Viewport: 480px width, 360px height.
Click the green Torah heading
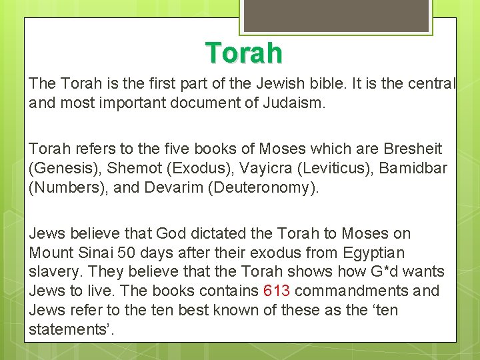tap(243, 53)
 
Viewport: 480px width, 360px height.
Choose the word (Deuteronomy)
tap(264, 188)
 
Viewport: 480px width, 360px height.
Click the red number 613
tap(277, 291)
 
